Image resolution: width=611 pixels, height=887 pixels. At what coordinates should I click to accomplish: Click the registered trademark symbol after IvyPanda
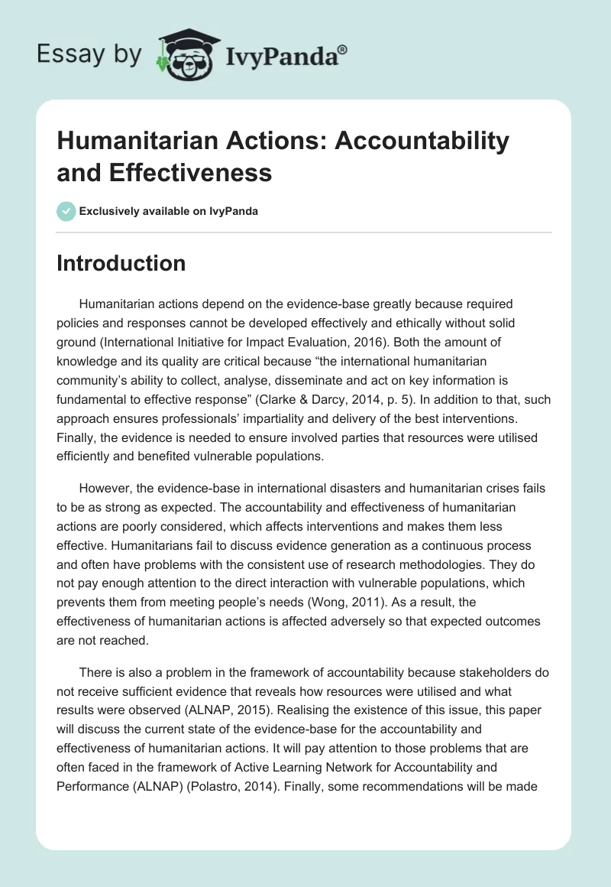point(342,50)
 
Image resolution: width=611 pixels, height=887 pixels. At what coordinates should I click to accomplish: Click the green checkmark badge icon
point(66,211)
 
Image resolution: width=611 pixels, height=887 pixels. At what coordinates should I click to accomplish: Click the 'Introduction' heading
point(121,263)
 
